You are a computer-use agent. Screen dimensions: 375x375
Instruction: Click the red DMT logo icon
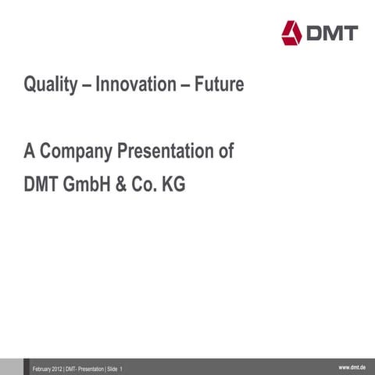291,32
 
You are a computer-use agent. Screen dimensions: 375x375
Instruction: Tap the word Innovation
137,84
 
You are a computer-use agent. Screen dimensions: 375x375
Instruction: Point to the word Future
219,84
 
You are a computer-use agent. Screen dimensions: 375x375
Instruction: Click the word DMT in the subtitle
41,187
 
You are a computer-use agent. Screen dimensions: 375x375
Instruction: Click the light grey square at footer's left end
11,366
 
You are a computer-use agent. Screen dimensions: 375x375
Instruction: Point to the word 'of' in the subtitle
225,151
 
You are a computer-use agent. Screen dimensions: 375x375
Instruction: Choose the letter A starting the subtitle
28,151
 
